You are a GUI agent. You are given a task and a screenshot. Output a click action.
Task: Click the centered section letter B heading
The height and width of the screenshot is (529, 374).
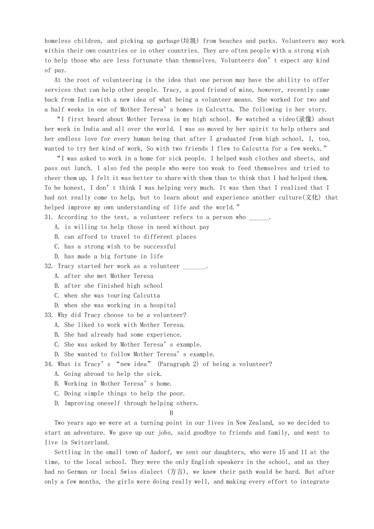[172, 413]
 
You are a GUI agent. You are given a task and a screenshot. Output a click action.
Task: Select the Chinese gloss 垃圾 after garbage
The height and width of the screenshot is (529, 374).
[190, 41]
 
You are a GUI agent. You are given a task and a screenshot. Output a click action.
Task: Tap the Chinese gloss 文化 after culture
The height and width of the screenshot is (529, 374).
[313, 198]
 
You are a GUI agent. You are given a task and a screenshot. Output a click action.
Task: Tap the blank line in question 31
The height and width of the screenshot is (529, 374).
[259, 218]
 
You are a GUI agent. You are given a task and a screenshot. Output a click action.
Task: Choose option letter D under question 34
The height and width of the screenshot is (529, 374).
[57, 403]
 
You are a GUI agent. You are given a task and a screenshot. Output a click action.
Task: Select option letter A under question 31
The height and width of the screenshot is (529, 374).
[57, 227]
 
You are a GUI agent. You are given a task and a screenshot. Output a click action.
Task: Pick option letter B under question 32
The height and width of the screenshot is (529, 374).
[57, 286]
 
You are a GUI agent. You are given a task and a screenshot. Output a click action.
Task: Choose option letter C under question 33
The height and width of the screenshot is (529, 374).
[57, 345]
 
